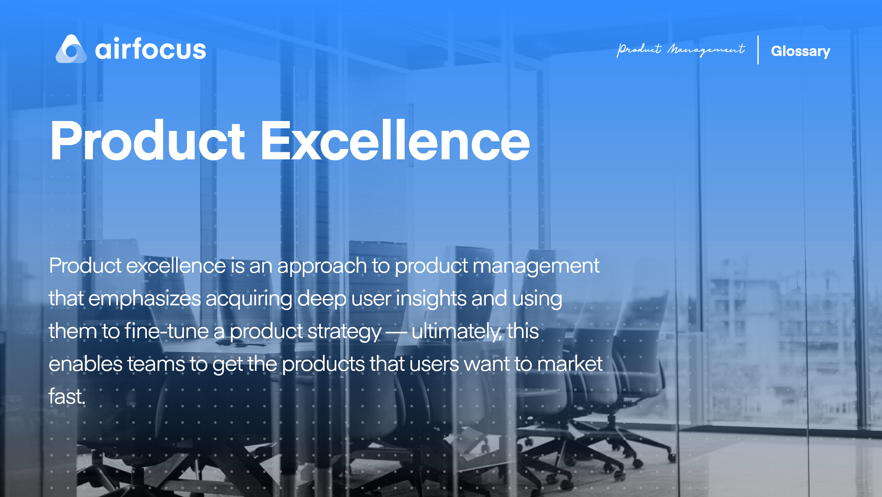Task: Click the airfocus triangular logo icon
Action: [71, 49]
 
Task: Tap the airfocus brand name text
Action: [150, 49]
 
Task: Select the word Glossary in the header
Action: [800, 51]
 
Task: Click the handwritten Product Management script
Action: [680, 50]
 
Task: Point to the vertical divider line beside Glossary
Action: [758, 50]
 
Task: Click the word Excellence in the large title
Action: [395, 141]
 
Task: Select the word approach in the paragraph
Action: [322, 266]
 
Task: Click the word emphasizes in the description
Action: [145, 299]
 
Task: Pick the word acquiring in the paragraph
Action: [249, 299]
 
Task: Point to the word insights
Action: [431, 298]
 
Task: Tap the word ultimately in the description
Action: [456, 331]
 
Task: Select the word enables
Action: [86, 364]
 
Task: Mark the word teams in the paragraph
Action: [156, 364]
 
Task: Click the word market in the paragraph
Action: [570, 364]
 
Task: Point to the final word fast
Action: [67, 396]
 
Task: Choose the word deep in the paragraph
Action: [322, 299]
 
